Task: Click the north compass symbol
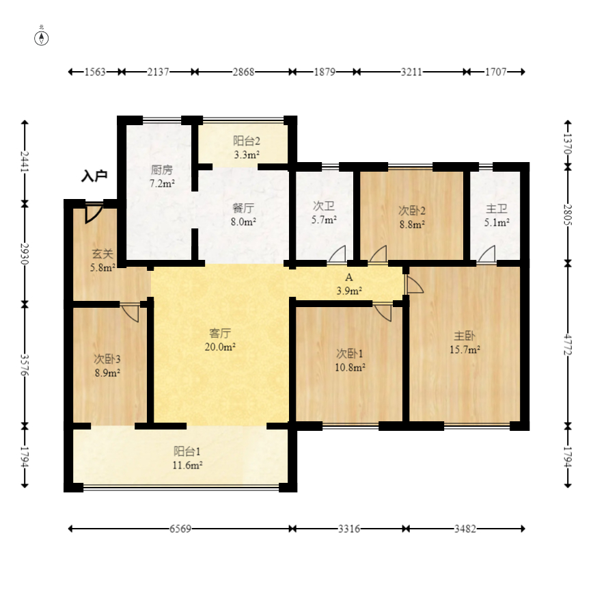click(42, 38)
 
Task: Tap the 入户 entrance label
click(94, 176)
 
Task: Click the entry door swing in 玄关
click(94, 213)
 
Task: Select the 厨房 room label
click(161, 170)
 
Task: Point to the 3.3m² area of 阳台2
click(247, 155)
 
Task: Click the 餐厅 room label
click(243, 208)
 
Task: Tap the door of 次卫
click(337, 254)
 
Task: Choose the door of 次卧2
click(378, 254)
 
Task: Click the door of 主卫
click(486, 254)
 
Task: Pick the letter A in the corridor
click(349, 278)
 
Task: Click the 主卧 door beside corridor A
click(414, 285)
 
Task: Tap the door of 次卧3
click(130, 313)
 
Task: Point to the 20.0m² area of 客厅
click(220, 347)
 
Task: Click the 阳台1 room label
click(187, 451)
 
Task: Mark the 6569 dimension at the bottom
click(180, 529)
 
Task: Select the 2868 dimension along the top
click(244, 72)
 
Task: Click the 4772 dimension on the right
click(568, 344)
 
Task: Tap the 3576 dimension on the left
click(25, 365)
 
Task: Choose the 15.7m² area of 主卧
click(465, 349)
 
